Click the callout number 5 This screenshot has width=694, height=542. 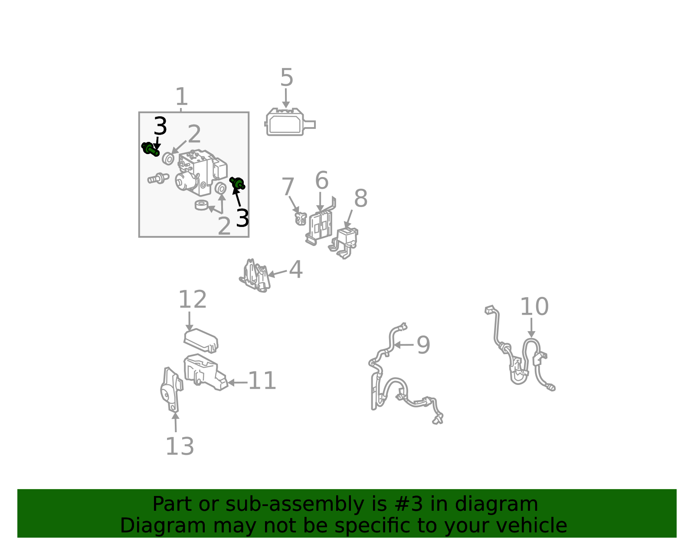click(286, 77)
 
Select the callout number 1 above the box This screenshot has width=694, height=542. click(181, 96)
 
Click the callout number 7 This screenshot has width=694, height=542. click(288, 187)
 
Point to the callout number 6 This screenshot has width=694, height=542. click(321, 180)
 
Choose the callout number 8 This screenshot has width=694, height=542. click(361, 198)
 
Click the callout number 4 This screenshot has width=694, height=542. click(296, 269)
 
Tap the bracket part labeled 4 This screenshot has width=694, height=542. click(255, 276)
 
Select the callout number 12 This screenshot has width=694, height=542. click(193, 299)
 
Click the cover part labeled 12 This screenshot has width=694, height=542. click(201, 341)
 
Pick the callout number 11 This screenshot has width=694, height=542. click(262, 381)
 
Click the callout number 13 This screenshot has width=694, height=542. click(180, 447)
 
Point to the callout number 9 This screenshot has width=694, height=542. click(423, 345)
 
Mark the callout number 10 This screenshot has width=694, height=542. click(534, 307)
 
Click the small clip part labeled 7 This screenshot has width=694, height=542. click(301, 219)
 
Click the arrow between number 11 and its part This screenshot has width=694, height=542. click(238, 382)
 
